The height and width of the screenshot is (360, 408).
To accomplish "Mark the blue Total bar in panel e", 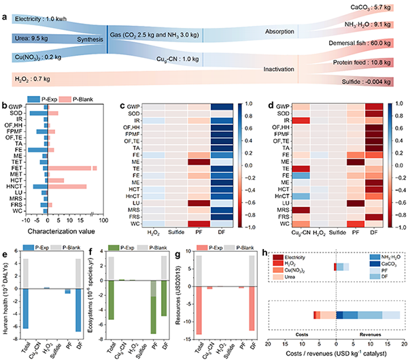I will (25, 309).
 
